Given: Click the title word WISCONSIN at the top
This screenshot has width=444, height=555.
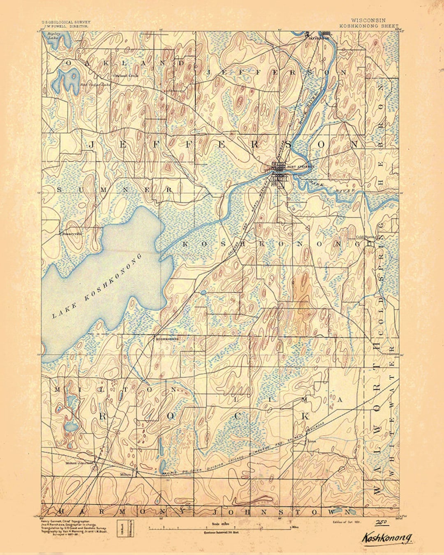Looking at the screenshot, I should [368, 20].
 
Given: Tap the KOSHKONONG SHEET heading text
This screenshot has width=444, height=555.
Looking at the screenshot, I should [369, 25].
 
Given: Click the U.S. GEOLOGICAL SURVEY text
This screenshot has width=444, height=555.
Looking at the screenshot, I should [65, 22].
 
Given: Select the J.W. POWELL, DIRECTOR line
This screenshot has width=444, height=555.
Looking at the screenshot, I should [65, 26].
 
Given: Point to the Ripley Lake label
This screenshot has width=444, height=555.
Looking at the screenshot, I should [53, 35].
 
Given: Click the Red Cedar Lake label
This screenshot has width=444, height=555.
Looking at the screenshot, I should [95, 85].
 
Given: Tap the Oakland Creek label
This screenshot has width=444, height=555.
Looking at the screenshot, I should [126, 76].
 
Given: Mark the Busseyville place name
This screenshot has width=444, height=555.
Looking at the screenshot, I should [72, 233].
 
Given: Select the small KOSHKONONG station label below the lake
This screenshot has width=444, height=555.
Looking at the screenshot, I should [166, 339].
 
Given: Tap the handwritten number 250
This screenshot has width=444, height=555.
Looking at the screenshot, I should [380, 522].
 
